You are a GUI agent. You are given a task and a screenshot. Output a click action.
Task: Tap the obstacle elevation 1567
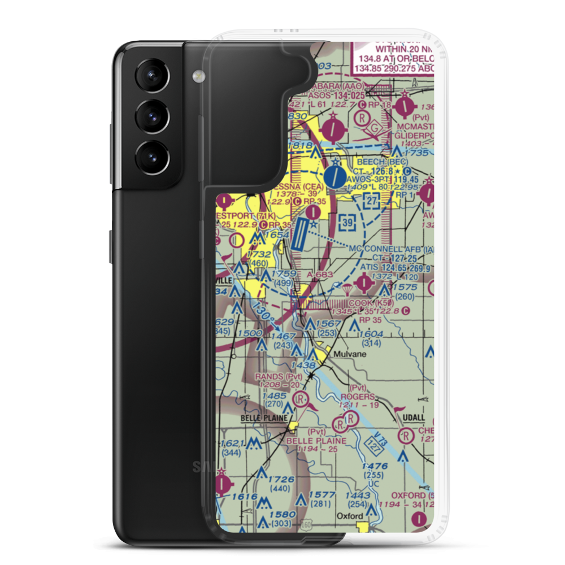point(328,323)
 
